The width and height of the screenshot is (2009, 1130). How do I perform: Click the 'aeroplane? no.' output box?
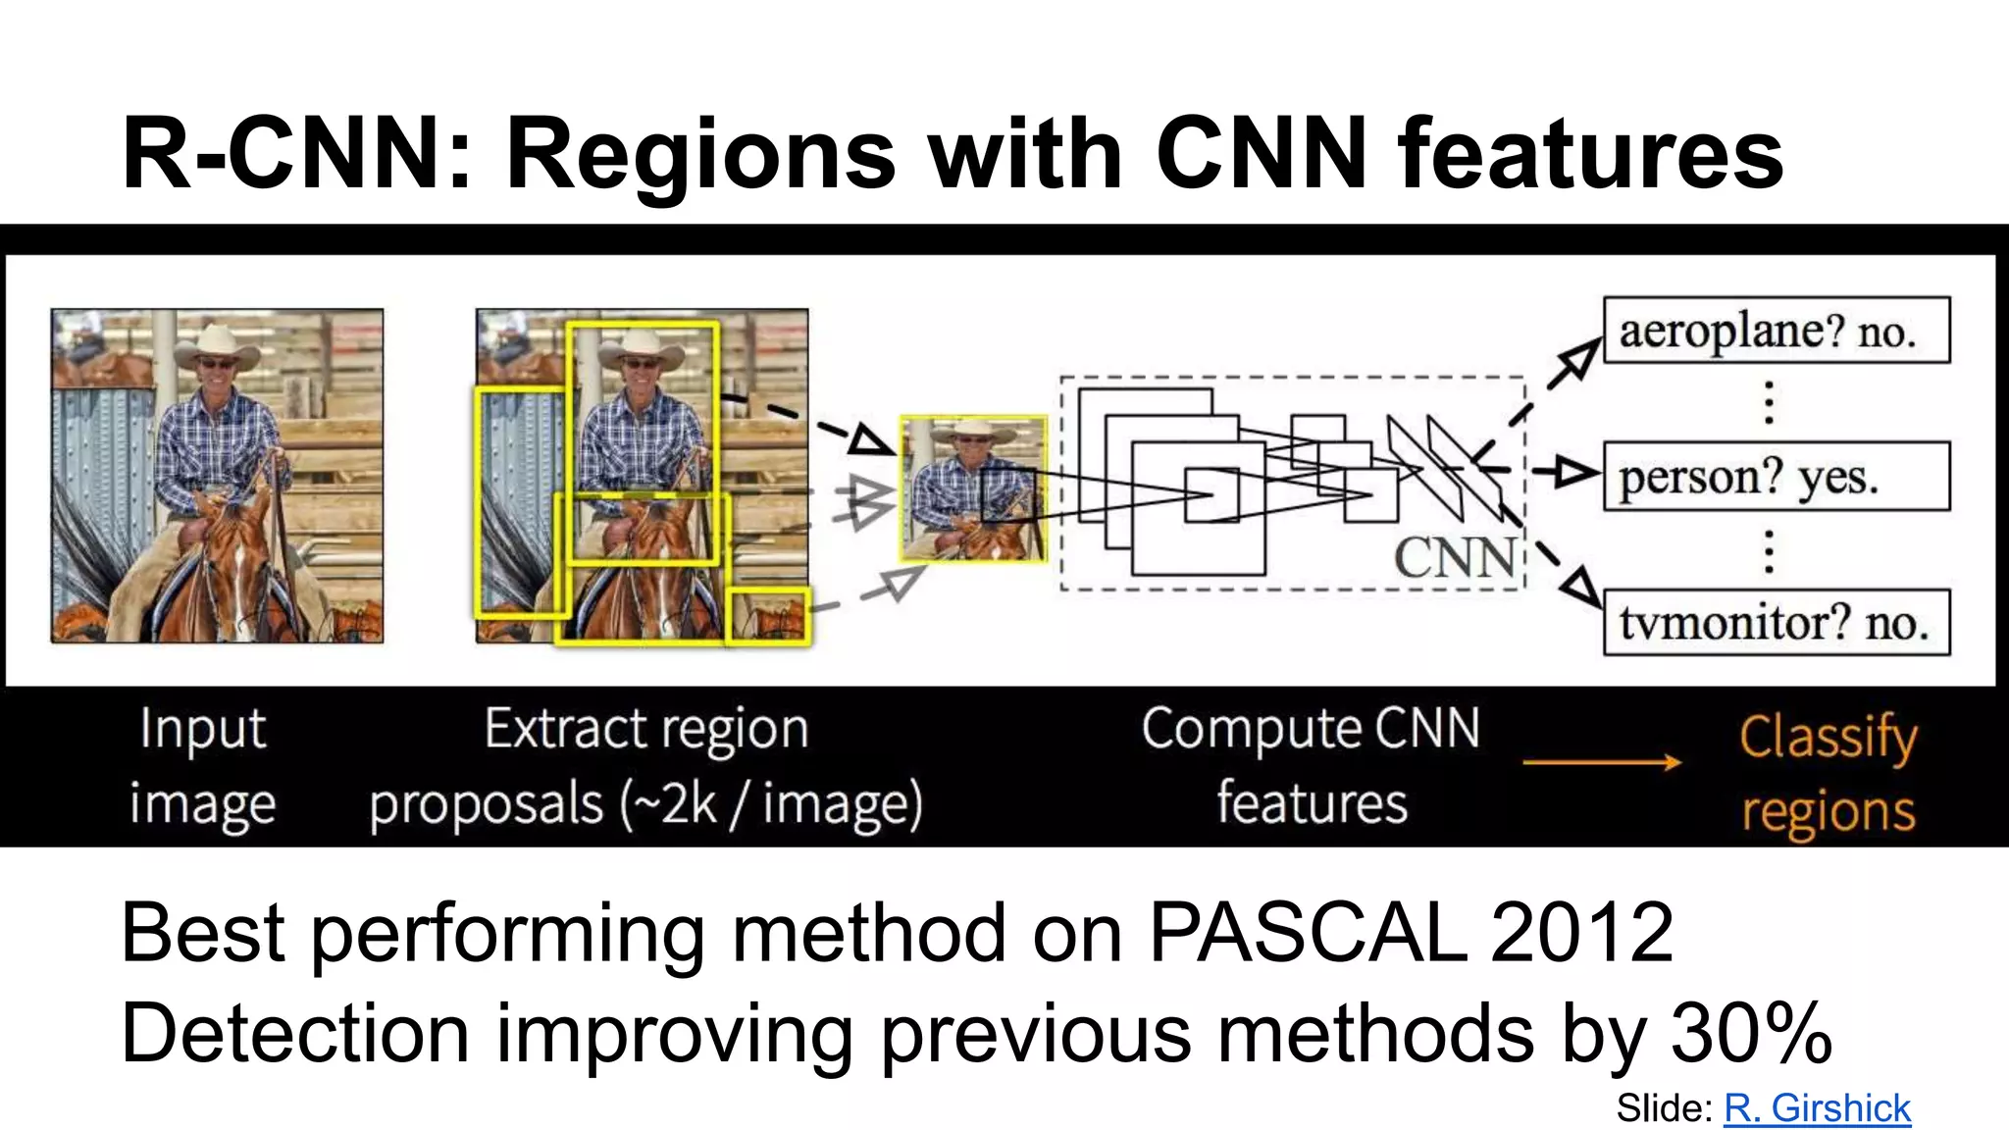(1776, 331)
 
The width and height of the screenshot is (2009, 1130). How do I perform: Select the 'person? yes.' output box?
(1776, 477)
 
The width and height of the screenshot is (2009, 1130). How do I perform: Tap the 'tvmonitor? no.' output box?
(1776, 622)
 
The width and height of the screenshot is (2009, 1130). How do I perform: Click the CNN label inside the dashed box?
(1455, 558)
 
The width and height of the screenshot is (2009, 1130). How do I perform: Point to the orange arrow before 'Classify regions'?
(1602, 762)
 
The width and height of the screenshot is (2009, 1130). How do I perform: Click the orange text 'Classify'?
(1828, 737)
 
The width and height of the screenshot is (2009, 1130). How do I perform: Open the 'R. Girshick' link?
(1817, 1107)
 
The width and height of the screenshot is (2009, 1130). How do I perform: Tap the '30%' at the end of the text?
(1751, 1033)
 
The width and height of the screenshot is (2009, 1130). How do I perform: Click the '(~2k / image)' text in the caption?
(771, 804)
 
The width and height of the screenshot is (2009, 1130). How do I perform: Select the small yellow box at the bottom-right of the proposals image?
(768, 616)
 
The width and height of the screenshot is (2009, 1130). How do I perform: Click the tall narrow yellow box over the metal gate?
(520, 502)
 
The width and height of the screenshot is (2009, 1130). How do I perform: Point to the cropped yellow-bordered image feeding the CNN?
(973, 488)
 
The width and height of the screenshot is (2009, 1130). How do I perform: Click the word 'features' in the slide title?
(1590, 154)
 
